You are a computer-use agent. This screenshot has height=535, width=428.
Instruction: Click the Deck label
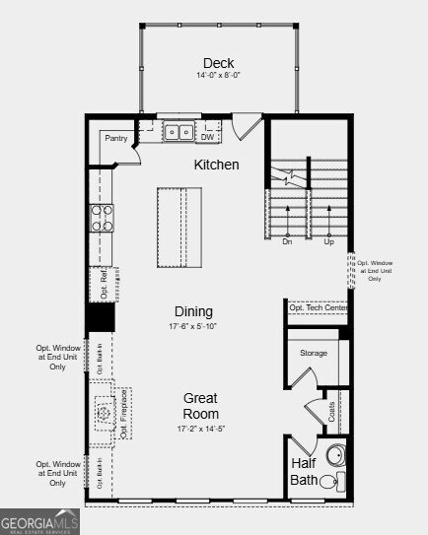pos(219,62)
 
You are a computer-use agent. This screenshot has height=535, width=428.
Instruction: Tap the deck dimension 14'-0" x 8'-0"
pos(219,75)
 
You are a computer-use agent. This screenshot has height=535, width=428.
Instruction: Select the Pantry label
pos(116,139)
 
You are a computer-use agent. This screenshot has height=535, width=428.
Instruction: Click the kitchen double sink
pos(178,131)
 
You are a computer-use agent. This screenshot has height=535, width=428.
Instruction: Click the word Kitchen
pos(216,165)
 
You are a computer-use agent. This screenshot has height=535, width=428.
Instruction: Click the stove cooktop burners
pos(102,218)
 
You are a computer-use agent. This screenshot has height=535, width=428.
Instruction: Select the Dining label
pos(194,311)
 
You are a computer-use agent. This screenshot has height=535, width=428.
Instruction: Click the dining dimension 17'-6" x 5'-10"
pos(194,326)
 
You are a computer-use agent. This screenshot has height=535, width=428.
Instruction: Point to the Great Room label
pos(200,406)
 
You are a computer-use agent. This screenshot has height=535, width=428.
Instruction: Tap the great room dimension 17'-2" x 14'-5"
pos(200,429)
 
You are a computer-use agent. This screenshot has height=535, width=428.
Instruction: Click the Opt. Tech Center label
pos(319,308)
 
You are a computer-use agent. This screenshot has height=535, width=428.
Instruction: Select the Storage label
pos(314,352)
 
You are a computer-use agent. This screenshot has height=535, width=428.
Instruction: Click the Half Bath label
pos(305,471)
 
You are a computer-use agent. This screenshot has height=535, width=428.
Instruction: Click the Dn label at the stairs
pos(287,240)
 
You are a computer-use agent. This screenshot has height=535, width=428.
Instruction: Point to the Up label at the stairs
pos(328,240)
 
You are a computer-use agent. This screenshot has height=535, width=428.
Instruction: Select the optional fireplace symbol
pos(103,413)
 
